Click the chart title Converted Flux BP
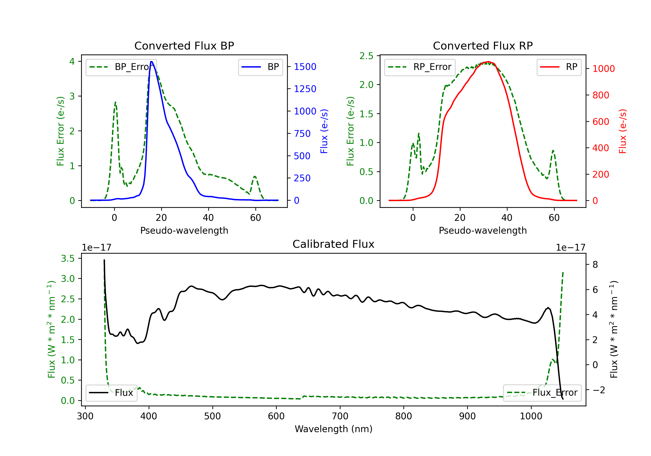coord(184,46)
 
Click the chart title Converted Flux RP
coord(483,46)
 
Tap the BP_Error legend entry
coord(121,67)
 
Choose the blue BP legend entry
coord(260,67)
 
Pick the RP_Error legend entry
coord(420,67)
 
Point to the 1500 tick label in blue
coord(305,67)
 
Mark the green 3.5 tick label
coord(68,258)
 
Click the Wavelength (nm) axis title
coord(334,429)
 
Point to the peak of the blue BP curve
coord(151,62)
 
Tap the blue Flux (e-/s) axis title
coord(324,131)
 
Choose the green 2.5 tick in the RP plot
coord(366,56)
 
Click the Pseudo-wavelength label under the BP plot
coord(184,230)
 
